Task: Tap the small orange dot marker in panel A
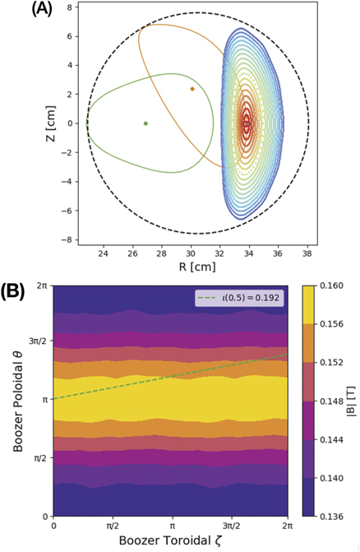(192, 89)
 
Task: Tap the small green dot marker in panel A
(145, 123)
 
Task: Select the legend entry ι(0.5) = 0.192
(244, 299)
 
